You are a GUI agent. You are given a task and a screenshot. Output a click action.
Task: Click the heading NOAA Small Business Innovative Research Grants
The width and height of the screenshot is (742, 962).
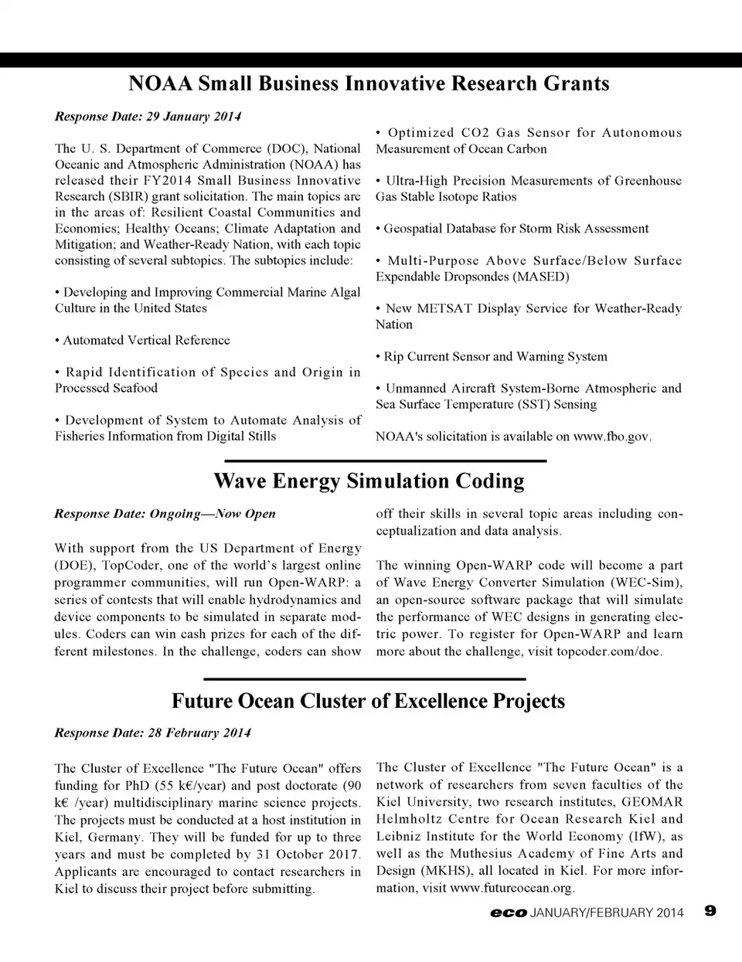click(x=369, y=83)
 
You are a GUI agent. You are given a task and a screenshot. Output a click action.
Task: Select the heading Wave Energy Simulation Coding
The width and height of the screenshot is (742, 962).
click(x=369, y=481)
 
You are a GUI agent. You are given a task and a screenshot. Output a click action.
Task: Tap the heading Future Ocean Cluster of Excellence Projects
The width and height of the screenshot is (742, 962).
click(x=368, y=701)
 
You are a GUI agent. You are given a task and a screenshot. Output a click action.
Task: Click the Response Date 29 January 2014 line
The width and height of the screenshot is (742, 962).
click(x=148, y=117)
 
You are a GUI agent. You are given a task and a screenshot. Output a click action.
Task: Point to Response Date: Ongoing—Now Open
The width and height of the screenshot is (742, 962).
click(x=165, y=514)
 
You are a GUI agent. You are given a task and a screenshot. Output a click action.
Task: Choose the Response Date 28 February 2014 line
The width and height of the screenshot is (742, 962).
click(x=152, y=733)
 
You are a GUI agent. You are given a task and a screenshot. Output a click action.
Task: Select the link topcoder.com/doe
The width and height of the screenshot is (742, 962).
click(x=620, y=651)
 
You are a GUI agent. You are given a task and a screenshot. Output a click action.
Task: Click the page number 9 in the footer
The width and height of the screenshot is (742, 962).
click(x=710, y=911)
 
